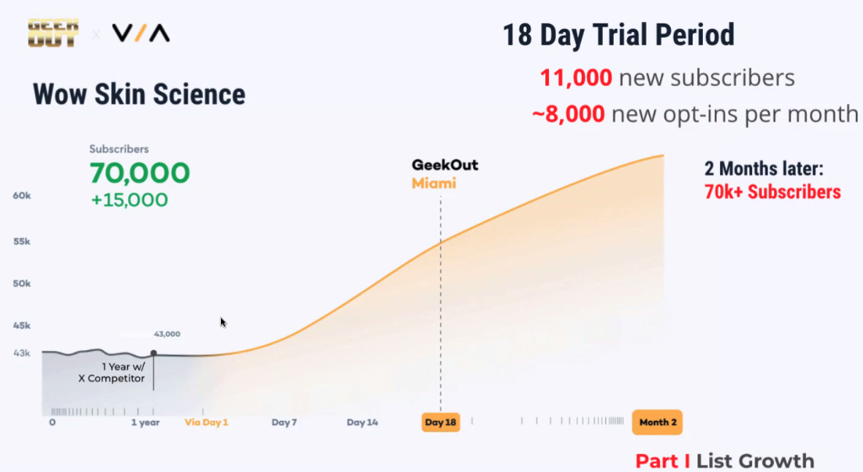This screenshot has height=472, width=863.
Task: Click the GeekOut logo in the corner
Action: click(x=53, y=33)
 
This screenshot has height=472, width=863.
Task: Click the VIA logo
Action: click(x=141, y=33)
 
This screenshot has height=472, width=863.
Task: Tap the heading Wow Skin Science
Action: click(x=139, y=95)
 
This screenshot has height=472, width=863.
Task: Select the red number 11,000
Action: click(x=576, y=77)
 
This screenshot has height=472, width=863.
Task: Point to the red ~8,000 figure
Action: click(x=569, y=114)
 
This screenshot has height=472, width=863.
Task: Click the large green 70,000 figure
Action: click(x=140, y=173)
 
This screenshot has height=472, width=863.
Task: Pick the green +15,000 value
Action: click(x=130, y=199)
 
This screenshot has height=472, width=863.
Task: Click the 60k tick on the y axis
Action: click(x=22, y=195)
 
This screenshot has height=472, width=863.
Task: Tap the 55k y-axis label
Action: click(x=22, y=241)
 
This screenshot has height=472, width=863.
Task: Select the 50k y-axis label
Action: click(x=22, y=283)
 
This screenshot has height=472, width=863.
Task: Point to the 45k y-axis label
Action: click(x=22, y=326)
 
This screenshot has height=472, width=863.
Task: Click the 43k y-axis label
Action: click(x=22, y=353)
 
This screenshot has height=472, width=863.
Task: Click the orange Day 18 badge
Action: click(x=440, y=423)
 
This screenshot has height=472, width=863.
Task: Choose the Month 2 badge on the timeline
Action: click(x=657, y=423)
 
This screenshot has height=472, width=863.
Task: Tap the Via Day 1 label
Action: click(x=206, y=423)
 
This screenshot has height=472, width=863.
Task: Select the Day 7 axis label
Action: click(x=284, y=423)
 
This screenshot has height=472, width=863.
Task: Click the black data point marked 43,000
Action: click(x=154, y=353)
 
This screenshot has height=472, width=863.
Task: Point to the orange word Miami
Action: click(x=433, y=184)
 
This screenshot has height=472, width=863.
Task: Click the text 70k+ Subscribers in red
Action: click(x=772, y=192)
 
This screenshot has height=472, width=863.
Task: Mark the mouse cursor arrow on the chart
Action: click(x=223, y=323)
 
